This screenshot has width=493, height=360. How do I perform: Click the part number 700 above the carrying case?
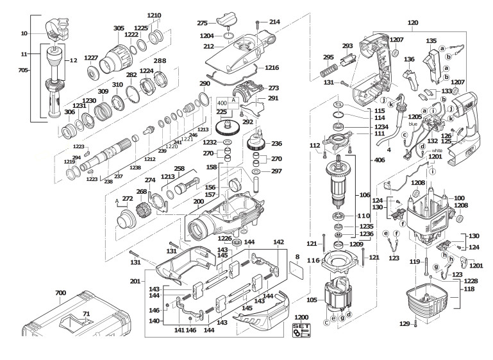tap(60, 293)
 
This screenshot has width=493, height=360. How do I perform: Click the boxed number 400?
tap(222, 103)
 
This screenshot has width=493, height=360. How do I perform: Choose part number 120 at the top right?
tap(413, 22)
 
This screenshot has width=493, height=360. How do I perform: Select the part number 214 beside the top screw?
tap(274, 22)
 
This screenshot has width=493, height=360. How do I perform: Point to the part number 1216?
tap(272, 67)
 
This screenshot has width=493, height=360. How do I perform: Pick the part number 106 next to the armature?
tap(365, 194)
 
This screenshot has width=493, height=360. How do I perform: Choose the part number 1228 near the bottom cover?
tap(471, 282)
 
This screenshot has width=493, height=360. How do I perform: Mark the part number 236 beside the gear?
tap(277, 144)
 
